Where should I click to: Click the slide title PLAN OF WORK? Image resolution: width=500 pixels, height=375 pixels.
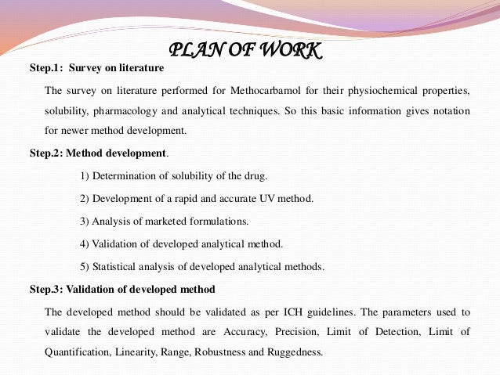click(245, 51)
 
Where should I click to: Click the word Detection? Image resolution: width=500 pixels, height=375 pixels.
click(399, 332)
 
